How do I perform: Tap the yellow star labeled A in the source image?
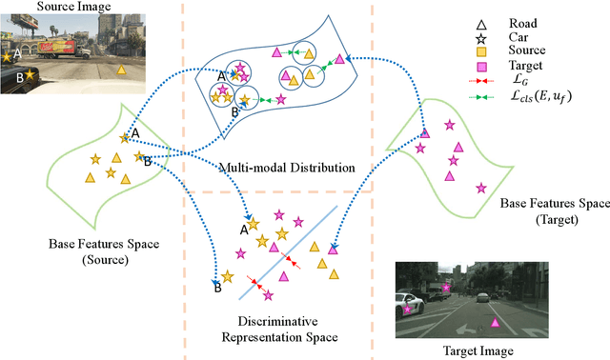click(7, 57)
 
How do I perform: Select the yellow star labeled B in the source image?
click(30, 73)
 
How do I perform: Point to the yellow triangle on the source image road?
click(119, 70)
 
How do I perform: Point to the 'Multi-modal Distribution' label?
click(285, 168)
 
